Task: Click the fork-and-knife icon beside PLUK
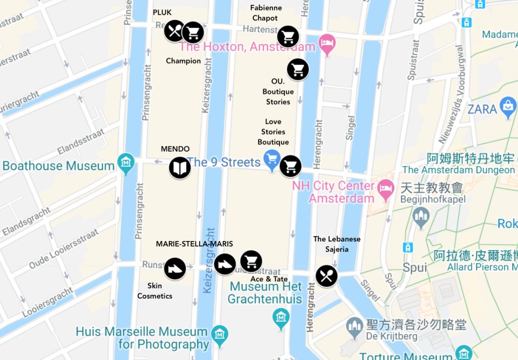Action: pos(175,31)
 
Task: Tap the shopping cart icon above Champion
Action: pos(193,32)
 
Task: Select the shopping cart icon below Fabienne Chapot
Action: pos(288,36)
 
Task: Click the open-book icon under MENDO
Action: pos(180,168)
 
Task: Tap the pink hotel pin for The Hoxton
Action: pos(327,44)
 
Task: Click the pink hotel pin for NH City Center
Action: pos(386,189)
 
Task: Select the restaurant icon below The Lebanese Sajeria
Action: pos(327,276)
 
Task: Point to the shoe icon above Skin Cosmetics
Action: pos(175,268)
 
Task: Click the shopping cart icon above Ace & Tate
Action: pos(251,262)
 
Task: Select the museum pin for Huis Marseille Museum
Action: pos(220,334)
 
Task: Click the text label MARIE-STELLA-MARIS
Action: pos(194,244)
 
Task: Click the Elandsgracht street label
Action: pos(26,222)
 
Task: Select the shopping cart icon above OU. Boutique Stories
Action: pos(298,70)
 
